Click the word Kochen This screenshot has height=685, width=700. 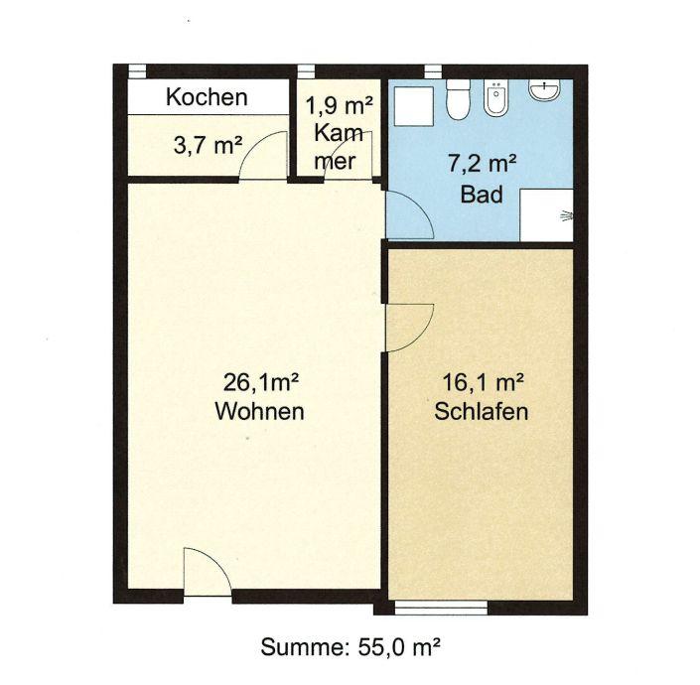point(207,97)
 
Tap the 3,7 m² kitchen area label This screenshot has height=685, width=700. point(209,145)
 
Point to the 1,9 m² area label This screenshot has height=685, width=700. point(340,106)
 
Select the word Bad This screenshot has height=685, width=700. point(482,195)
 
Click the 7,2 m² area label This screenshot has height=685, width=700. point(483,163)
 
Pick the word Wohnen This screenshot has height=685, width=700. point(259,411)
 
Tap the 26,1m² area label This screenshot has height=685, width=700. point(261,382)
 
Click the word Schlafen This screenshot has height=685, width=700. point(482,411)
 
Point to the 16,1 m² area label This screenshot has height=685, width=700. point(483,382)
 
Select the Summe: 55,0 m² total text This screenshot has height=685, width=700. point(350,646)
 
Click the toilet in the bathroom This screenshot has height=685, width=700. point(458,99)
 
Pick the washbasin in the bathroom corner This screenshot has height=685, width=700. point(544,89)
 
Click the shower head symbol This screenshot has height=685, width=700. point(566,215)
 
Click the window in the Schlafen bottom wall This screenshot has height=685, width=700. point(441,608)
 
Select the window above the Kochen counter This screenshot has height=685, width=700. point(137,71)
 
